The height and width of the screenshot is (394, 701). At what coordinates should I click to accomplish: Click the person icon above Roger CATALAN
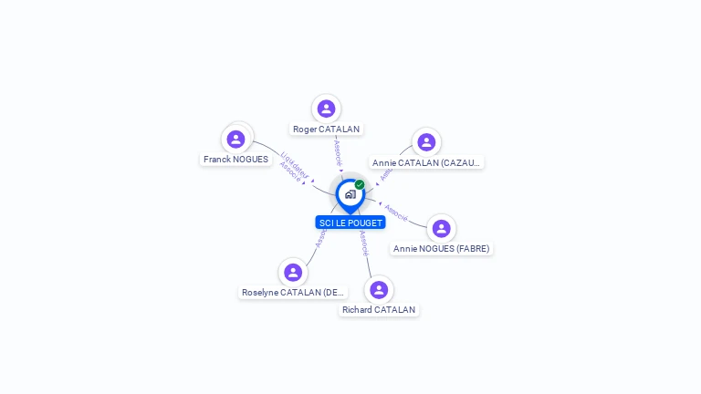[326, 109]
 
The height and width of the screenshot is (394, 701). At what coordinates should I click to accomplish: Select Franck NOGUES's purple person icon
[236, 139]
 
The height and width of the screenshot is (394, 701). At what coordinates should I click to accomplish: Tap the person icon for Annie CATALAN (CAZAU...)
[426, 142]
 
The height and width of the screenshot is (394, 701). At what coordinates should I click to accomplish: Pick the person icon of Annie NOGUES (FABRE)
[442, 228]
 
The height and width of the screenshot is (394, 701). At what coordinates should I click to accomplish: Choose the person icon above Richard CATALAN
[379, 290]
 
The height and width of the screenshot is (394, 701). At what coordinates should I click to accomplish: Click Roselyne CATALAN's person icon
[293, 273]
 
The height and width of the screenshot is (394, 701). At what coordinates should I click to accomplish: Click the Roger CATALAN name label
[326, 130]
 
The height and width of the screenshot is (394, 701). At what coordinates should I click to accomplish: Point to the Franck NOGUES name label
[236, 160]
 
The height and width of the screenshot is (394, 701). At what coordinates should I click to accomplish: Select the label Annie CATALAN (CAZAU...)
[426, 163]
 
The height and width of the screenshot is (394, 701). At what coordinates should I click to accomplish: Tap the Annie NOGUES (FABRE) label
[442, 249]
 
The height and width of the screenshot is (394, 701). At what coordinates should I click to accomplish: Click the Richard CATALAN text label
[379, 310]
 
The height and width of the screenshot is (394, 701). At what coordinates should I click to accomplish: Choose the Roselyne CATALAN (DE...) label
[293, 293]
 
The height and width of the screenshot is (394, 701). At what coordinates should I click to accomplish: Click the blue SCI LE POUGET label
[350, 223]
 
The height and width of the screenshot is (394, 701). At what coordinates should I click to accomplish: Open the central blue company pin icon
[350, 194]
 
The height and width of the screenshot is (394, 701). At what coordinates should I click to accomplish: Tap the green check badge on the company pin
[360, 185]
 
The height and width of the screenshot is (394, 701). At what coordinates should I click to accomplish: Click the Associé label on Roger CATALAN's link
[338, 150]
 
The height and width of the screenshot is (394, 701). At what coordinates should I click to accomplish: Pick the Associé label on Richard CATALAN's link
[364, 241]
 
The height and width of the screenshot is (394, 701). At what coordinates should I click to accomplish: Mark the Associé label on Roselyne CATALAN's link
[320, 238]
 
